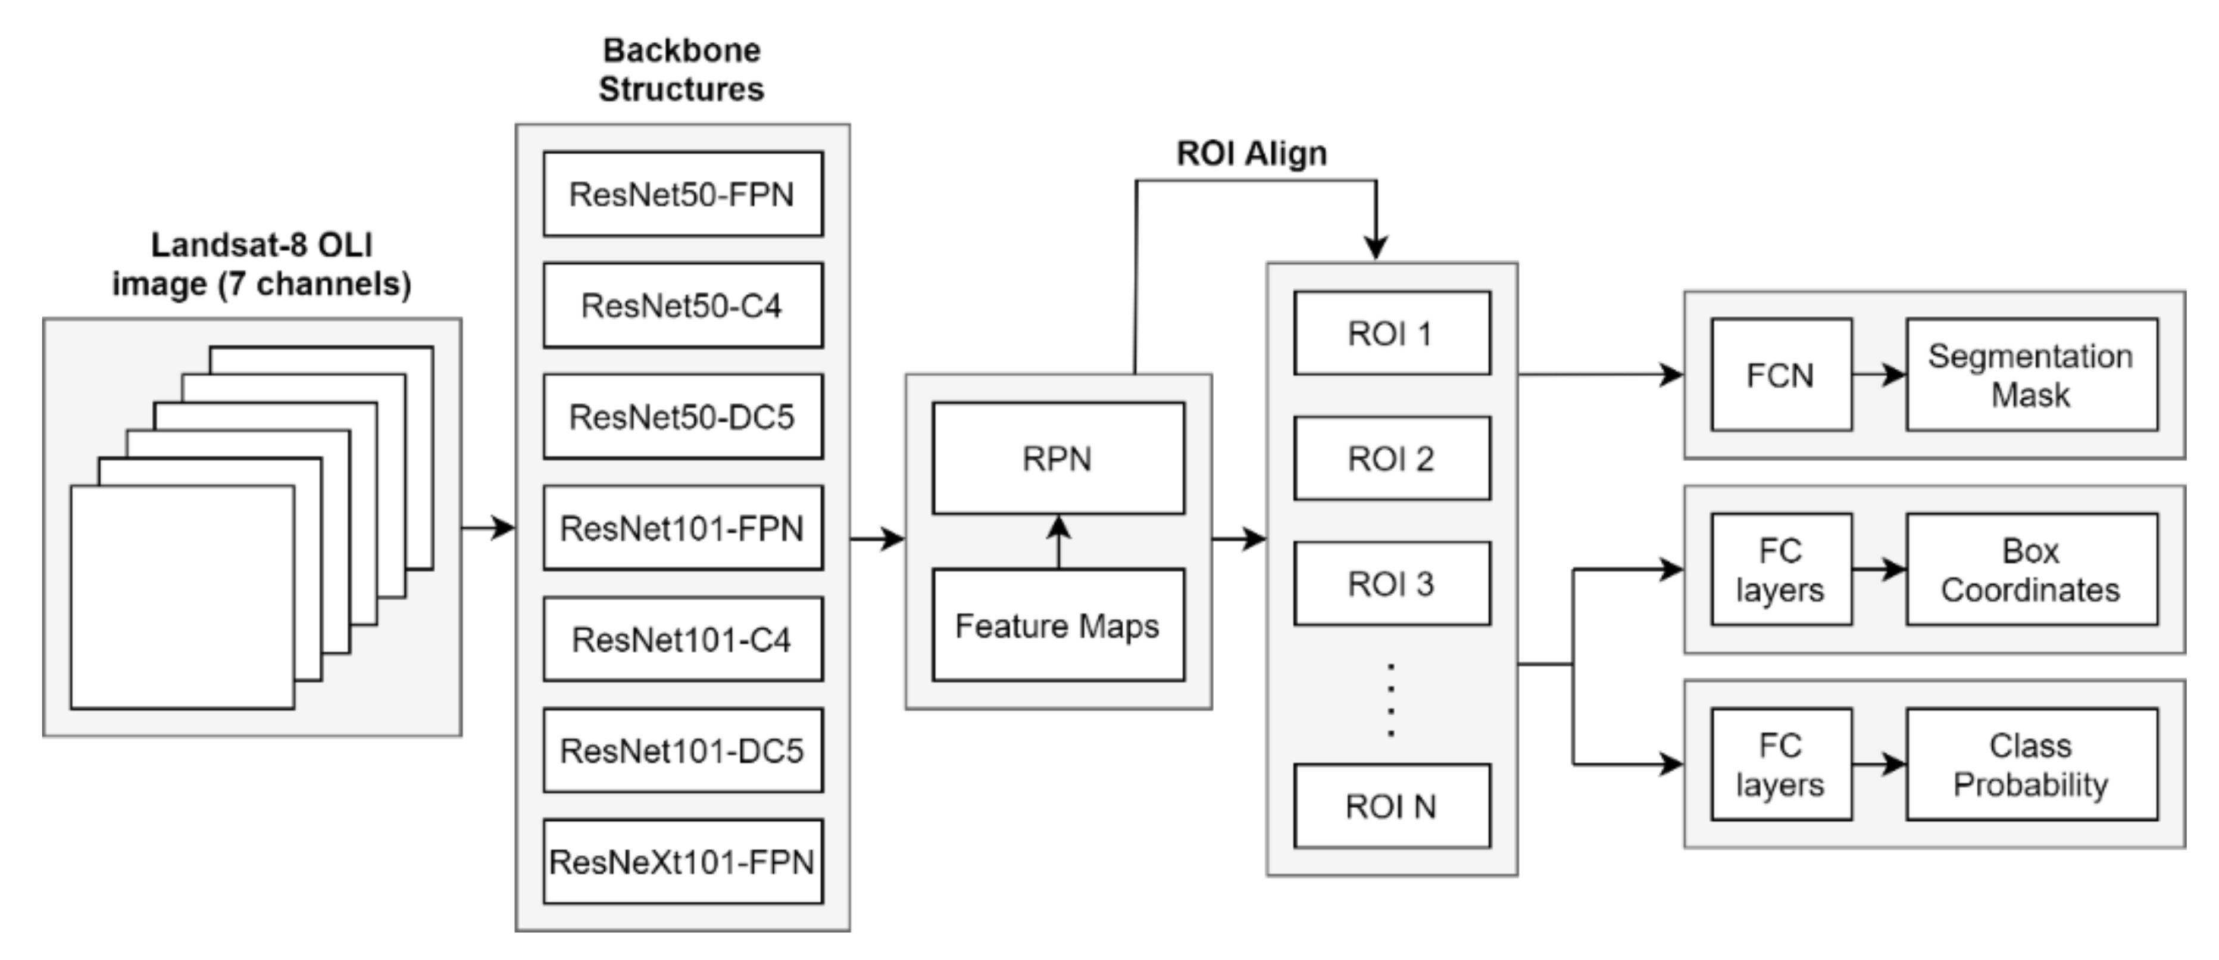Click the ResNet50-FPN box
tap(682, 194)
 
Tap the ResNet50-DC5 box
tap(682, 416)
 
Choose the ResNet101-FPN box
tap(682, 528)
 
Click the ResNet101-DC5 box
tap(682, 750)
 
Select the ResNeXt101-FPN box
tap(682, 861)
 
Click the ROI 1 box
tap(1391, 333)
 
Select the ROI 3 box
tap(1391, 584)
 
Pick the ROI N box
tap(1391, 806)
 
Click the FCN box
tap(1780, 375)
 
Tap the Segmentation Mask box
tap(2032, 375)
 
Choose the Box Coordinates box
tap(2032, 569)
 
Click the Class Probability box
tap(2032, 765)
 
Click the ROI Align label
tap(1252, 154)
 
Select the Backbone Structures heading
tap(682, 70)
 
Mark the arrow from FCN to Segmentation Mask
tap(1879, 375)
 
